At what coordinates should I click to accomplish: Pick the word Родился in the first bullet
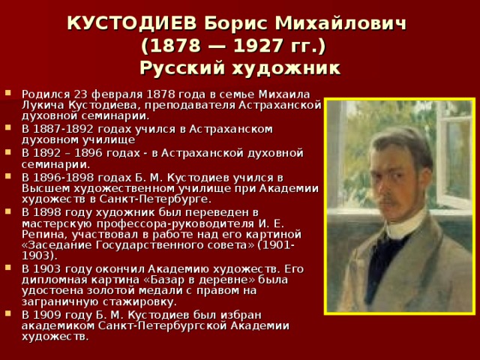pyautogui.click(x=44, y=94)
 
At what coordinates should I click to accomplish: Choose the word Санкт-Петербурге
pyautogui.click(x=165, y=199)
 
